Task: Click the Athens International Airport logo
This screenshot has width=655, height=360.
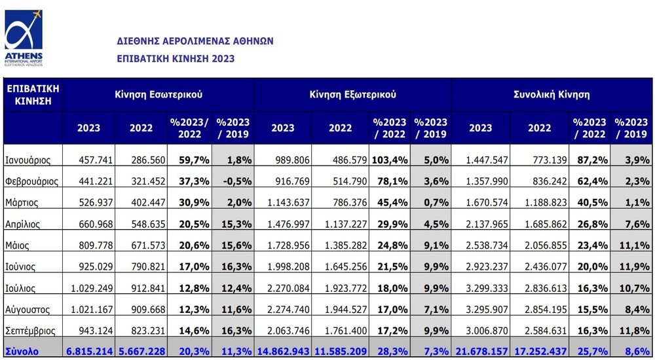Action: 24,37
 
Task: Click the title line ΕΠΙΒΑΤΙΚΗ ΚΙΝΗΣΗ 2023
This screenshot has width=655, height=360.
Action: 176,58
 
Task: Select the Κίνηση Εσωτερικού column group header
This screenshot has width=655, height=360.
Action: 159,94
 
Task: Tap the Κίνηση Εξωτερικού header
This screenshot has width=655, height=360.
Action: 353,94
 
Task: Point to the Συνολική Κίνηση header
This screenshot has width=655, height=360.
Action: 552,94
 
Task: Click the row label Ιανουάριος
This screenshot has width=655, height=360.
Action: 28,160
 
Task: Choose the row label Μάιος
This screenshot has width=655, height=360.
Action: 17,245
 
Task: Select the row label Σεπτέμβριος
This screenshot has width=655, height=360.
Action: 31,331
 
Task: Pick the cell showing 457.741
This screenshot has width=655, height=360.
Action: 96,160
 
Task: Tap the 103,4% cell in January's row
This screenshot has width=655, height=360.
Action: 389,160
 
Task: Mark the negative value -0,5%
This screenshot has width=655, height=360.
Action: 237,181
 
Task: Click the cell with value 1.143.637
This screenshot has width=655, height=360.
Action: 288,202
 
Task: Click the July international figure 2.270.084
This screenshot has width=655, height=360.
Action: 288,288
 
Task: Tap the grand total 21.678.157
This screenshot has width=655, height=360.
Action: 481,351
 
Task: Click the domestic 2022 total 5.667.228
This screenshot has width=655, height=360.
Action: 142,351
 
